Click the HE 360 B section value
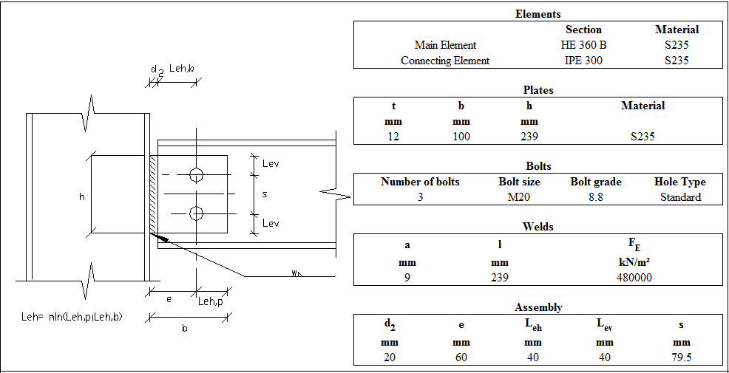pos(583,45)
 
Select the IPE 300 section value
pos(583,61)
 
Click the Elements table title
pos(538,14)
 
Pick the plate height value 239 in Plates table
pos(529,137)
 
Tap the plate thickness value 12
pos(393,137)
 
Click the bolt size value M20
pos(519,197)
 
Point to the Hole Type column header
pos(679,182)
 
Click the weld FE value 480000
pos(634,278)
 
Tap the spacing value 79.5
pos(681,357)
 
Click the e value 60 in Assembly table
pos(461,357)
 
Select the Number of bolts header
pos(420,182)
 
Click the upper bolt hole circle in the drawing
pos(196,175)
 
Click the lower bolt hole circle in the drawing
pos(196,213)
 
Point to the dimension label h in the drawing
pos(82,196)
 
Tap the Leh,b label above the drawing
pos(181,69)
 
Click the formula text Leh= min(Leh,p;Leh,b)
pos(72,317)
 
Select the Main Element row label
pos(445,45)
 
